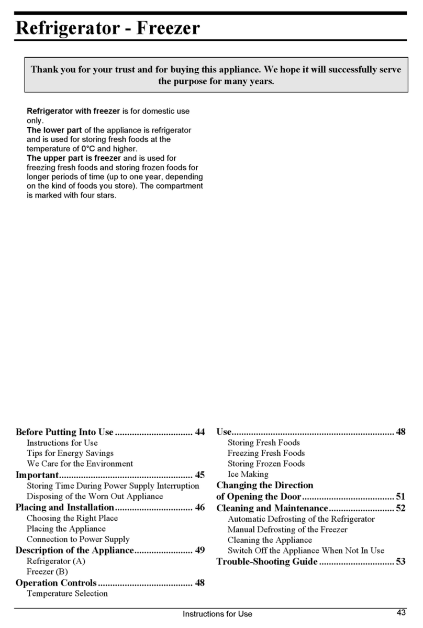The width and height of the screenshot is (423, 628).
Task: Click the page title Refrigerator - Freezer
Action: coord(107,28)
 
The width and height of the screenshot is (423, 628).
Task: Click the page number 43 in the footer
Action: coord(402,613)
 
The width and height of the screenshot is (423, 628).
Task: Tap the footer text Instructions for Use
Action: coord(217,614)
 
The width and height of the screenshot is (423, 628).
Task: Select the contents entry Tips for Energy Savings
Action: coord(70,453)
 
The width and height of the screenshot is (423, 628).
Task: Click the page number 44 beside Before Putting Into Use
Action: coord(199,433)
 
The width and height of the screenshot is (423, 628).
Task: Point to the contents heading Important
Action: coord(37,475)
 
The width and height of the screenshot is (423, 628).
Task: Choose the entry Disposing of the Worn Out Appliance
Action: coord(95,496)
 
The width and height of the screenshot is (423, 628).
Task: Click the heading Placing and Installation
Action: coord(64,507)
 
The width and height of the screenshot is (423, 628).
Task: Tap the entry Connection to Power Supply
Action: coord(78,539)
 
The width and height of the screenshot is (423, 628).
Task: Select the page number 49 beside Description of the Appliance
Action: coord(199,550)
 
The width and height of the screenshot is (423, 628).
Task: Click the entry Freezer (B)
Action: coord(47,571)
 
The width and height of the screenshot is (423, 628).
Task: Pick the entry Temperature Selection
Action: coord(67,593)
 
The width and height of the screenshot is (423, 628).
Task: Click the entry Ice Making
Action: coord(248,474)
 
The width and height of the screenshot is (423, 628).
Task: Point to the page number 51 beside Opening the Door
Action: coord(400,497)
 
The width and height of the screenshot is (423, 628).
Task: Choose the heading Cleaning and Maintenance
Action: coord(272,508)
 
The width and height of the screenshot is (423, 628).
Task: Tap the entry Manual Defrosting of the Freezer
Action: coord(287,530)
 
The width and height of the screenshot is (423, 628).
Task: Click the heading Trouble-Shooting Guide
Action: coord(266,562)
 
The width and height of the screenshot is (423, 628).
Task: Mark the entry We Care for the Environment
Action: coord(80,464)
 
